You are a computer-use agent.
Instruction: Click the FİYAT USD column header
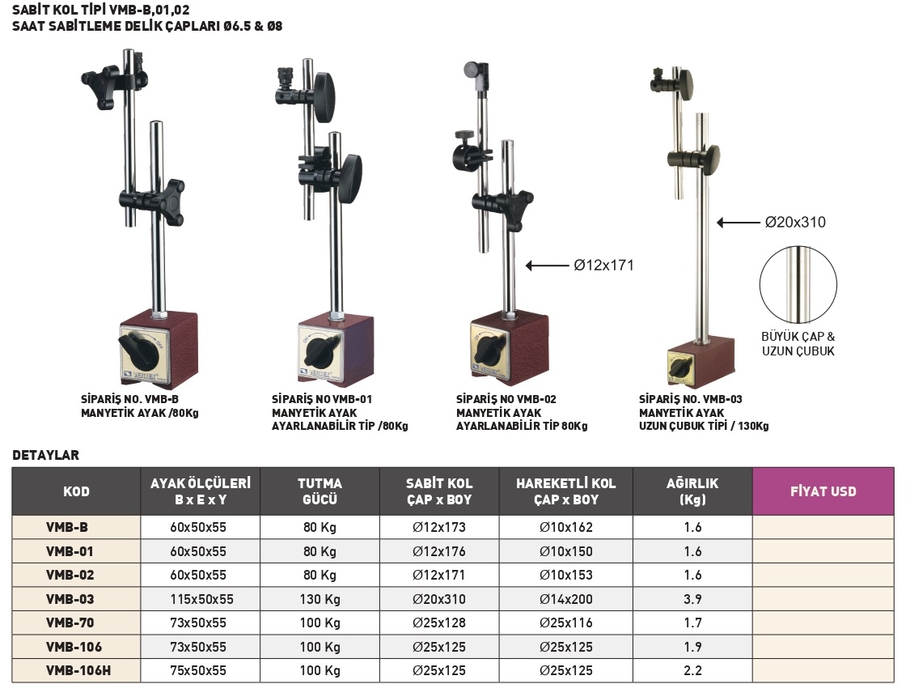click(x=823, y=491)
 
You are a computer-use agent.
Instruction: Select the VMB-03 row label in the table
click(x=70, y=599)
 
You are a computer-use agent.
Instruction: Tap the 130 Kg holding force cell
click(x=320, y=599)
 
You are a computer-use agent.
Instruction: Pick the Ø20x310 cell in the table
click(x=439, y=599)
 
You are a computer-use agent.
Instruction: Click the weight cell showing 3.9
click(x=692, y=599)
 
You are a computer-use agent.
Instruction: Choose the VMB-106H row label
click(x=78, y=670)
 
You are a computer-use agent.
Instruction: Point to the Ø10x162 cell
click(x=566, y=527)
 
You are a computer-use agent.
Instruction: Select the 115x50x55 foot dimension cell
click(x=201, y=599)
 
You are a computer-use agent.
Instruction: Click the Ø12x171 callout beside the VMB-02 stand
click(x=603, y=266)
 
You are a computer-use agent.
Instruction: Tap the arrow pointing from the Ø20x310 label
click(x=739, y=223)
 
